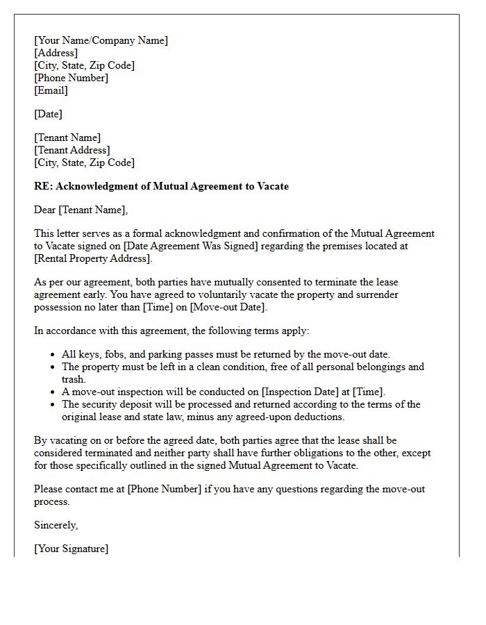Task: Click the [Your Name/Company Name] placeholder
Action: tap(101, 40)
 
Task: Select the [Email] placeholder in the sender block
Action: tap(51, 90)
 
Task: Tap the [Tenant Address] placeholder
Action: tap(72, 150)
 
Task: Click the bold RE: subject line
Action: tap(161, 186)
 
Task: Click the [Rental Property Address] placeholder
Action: tap(92, 258)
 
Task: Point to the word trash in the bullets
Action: tap(73, 379)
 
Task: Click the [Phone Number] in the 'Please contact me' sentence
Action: tap(165, 489)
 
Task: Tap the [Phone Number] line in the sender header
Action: tap(71, 78)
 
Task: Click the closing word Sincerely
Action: tap(56, 525)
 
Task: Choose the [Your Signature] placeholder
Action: tap(71, 549)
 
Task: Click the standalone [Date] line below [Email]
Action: tap(48, 114)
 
